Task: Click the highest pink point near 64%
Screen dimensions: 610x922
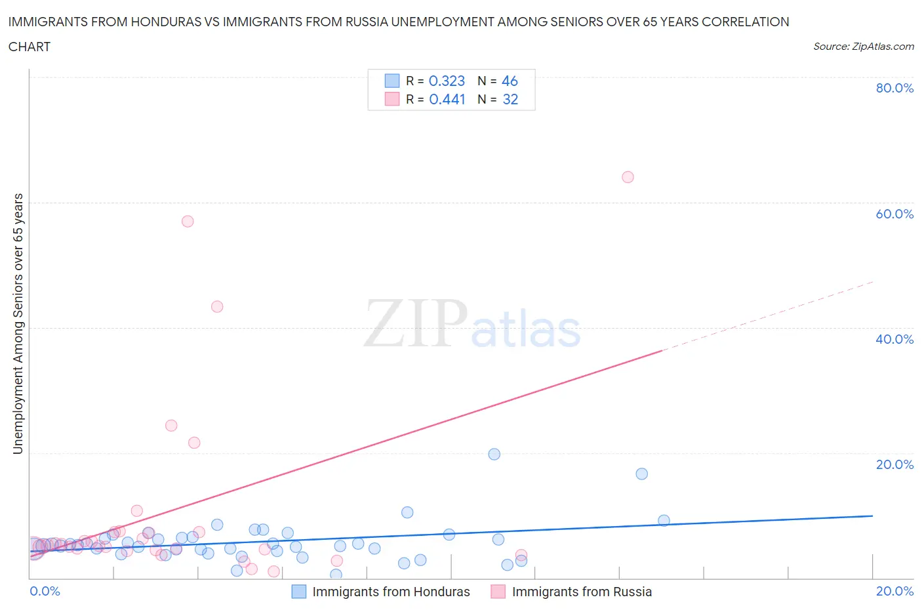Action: [x=628, y=177]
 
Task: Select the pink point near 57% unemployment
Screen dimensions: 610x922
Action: [x=188, y=221]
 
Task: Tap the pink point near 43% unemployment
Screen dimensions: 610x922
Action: [x=217, y=306]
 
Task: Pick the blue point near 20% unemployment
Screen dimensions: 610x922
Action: [x=494, y=454]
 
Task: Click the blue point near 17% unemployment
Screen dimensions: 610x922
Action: [x=642, y=474]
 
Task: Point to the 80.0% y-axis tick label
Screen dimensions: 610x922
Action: [x=894, y=88]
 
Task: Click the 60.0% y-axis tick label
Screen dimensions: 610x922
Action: [x=894, y=214]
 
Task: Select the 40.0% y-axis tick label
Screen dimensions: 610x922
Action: [x=894, y=339]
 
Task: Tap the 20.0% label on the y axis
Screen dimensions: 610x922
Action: [x=894, y=464]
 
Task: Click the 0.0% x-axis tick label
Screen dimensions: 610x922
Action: [x=45, y=591]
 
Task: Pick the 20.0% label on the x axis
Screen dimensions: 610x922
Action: [x=894, y=591]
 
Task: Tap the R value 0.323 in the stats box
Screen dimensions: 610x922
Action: [x=447, y=81]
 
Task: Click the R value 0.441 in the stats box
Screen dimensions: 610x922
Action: [x=447, y=99]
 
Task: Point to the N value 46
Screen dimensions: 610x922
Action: [x=510, y=81]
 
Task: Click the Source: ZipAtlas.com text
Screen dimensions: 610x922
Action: [x=863, y=47]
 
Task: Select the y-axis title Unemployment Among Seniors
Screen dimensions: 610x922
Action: [x=18, y=323]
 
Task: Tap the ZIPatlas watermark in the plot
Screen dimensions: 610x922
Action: [x=472, y=325]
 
